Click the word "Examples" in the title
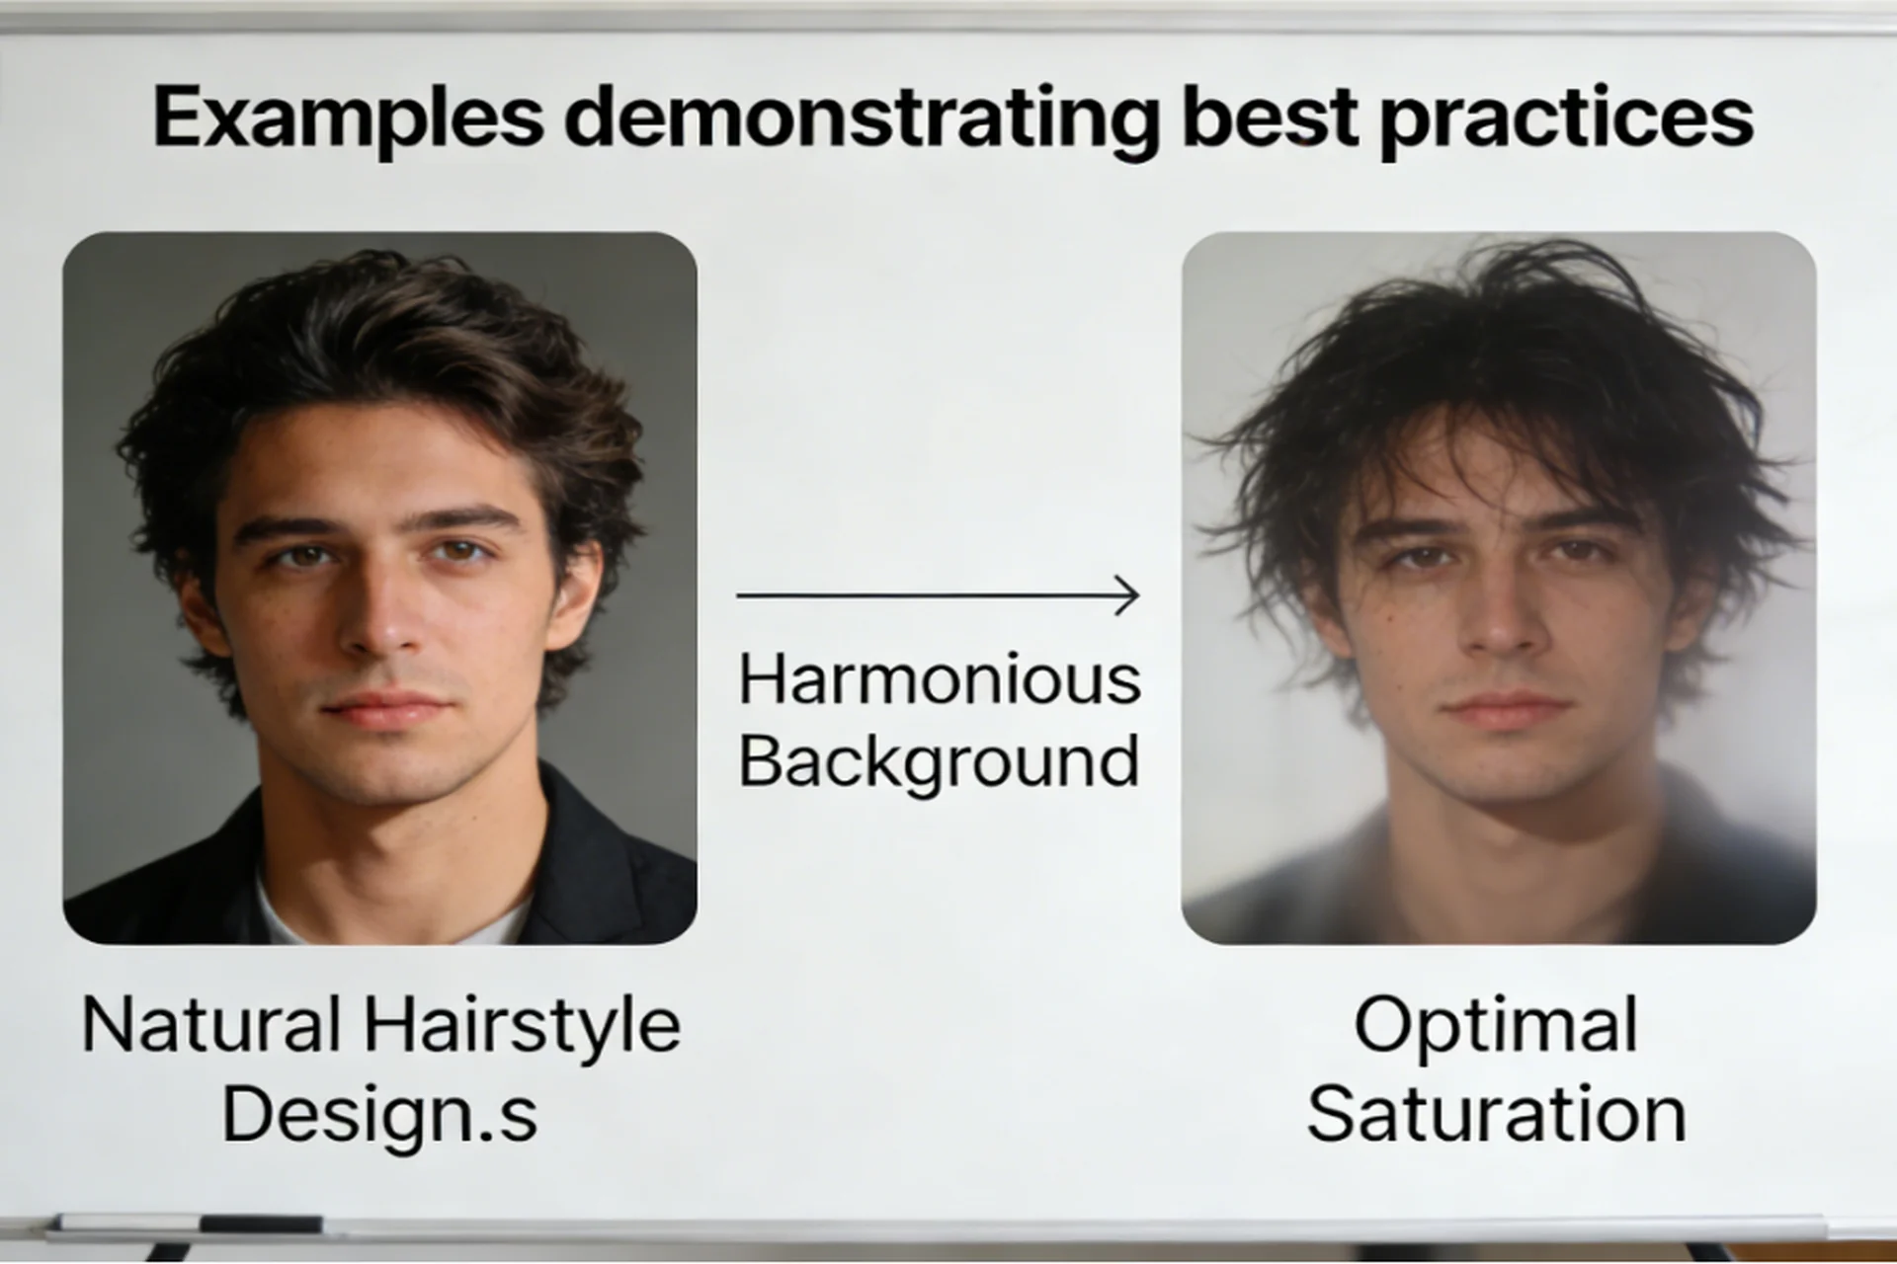348,118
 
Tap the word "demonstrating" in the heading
861,119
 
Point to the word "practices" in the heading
1566,121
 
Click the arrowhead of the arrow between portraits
1128,595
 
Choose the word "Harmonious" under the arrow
940,680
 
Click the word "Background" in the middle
939,763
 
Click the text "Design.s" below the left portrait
379,1113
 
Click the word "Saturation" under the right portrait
1496,1113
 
